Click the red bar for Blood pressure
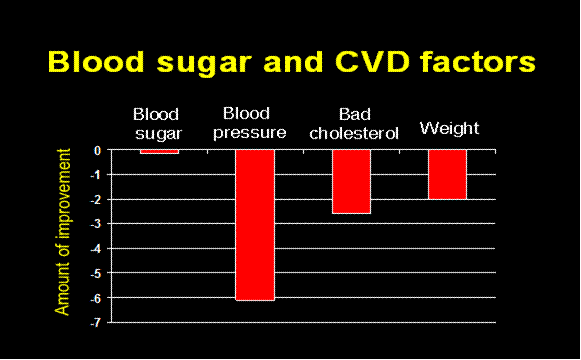point(255,224)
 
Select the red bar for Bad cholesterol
point(351,181)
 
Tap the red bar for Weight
point(447,174)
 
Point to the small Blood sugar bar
point(159,152)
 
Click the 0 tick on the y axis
point(98,150)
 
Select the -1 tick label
point(96,175)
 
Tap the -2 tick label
point(96,199)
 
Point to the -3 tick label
point(96,224)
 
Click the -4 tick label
point(96,248)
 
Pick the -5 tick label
point(96,273)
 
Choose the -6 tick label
point(96,297)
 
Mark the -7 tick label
point(96,322)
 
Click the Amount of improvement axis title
point(64,233)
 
